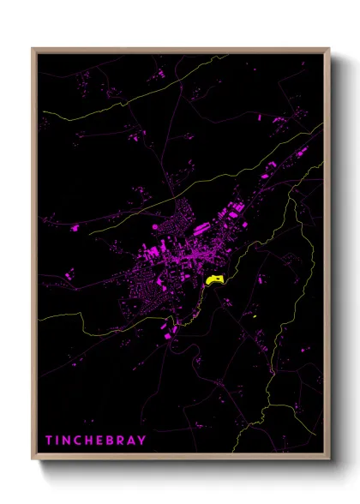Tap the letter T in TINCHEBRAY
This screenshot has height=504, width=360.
pyautogui.click(x=49, y=439)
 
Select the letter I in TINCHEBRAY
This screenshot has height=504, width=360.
pyautogui.click(x=57, y=439)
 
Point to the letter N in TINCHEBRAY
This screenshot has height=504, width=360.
pyautogui.click(x=65, y=439)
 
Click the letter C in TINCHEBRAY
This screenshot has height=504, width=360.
pyautogui.click(x=75, y=439)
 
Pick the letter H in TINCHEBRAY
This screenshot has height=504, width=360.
pyautogui.click(x=84, y=439)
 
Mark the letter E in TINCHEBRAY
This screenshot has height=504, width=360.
pyautogui.click(x=93, y=439)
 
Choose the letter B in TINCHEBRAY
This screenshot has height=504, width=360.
pyautogui.click(x=101, y=439)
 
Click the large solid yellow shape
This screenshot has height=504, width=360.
pyautogui.click(x=215, y=279)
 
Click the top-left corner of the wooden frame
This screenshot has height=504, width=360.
pyautogui.click(x=33, y=49)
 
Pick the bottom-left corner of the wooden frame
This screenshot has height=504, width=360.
pyautogui.click(x=33, y=461)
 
